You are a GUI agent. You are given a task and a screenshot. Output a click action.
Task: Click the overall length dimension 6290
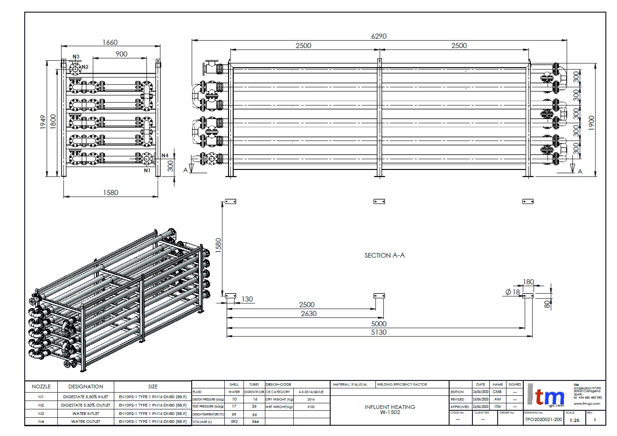point(378,36)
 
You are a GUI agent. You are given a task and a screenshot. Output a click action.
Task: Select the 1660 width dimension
point(110,42)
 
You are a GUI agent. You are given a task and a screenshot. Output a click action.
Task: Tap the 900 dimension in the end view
point(121,54)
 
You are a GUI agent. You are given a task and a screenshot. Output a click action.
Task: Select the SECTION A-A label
point(384,255)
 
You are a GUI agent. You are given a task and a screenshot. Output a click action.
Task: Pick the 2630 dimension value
point(308,314)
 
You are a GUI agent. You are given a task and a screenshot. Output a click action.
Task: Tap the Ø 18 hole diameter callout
point(513,292)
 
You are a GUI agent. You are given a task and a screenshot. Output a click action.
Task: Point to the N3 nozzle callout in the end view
point(76,56)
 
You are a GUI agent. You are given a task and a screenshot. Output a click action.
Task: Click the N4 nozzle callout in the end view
point(165,155)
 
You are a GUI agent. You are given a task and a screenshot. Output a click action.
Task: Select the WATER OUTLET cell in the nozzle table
point(85,421)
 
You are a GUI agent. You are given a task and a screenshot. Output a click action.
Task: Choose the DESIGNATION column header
point(85,387)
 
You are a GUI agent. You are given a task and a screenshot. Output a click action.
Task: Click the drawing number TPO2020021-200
point(543,419)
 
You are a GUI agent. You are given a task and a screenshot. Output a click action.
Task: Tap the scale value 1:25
point(575,420)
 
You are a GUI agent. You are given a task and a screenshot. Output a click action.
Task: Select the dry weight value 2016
point(311,400)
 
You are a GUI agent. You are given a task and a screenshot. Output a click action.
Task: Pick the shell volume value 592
point(234,422)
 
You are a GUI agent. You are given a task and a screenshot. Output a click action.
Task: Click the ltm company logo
point(546,397)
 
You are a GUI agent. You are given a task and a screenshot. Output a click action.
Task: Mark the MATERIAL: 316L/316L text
point(350,385)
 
